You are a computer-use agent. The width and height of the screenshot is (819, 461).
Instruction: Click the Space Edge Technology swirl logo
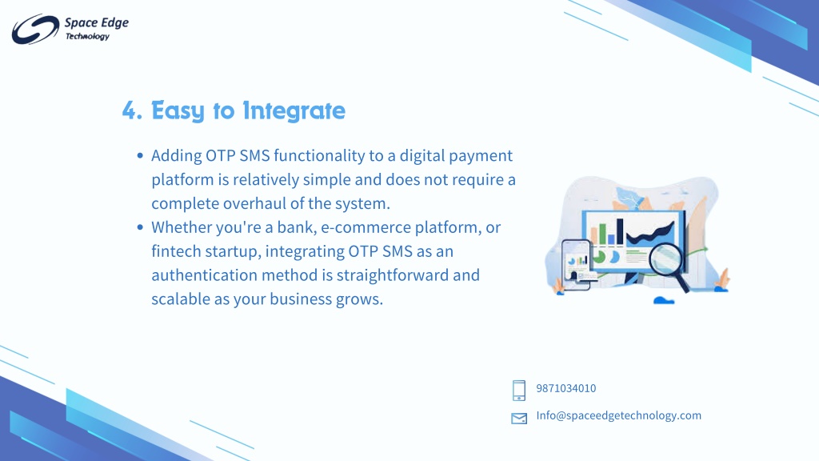(x=35, y=29)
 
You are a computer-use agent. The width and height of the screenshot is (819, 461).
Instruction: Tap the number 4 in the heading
(x=130, y=110)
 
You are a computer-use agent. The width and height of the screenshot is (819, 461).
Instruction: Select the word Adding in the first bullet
(x=177, y=156)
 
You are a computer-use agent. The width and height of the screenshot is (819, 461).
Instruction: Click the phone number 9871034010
(x=566, y=388)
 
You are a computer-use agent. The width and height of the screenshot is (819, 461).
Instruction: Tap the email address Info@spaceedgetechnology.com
(x=619, y=415)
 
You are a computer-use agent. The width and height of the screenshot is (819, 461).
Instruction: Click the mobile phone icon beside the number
(x=518, y=391)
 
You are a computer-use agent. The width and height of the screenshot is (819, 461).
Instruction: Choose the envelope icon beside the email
(x=519, y=418)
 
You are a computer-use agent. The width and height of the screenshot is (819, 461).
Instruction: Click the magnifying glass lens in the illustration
(x=665, y=259)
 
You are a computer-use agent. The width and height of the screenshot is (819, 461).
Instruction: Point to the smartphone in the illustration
(x=577, y=264)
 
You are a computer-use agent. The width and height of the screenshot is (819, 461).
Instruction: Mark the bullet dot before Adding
(x=140, y=155)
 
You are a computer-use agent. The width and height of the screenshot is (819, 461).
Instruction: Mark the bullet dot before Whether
(x=140, y=226)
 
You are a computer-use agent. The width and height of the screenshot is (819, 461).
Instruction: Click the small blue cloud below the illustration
(x=664, y=300)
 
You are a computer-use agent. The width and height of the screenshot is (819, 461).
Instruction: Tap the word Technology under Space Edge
(x=87, y=37)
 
